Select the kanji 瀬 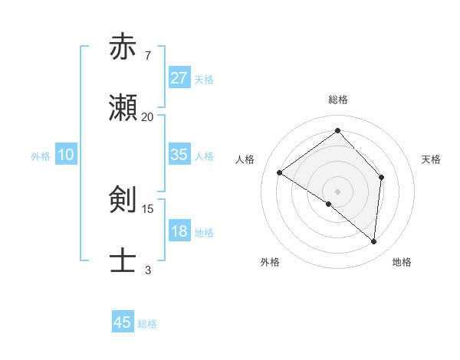click(x=123, y=110)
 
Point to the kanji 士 click(x=123, y=260)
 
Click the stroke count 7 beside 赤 click(x=147, y=55)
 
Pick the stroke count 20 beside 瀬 click(x=147, y=117)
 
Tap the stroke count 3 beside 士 click(x=147, y=270)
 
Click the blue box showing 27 click(x=179, y=78)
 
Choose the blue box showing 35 click(x=179, y=155)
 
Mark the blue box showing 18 click(x=179, y=231)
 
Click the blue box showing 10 click(x=66, y=155)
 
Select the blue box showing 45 click(x=123, y=322)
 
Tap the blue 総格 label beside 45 click(x=147, y=324)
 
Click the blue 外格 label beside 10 click(x=41, y=156)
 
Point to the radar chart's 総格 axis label click(x=337, y=100)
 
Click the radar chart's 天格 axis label click(x=431, y=159)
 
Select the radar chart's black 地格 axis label click(x=402, y=263)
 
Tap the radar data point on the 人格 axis click(x=280, y=172)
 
